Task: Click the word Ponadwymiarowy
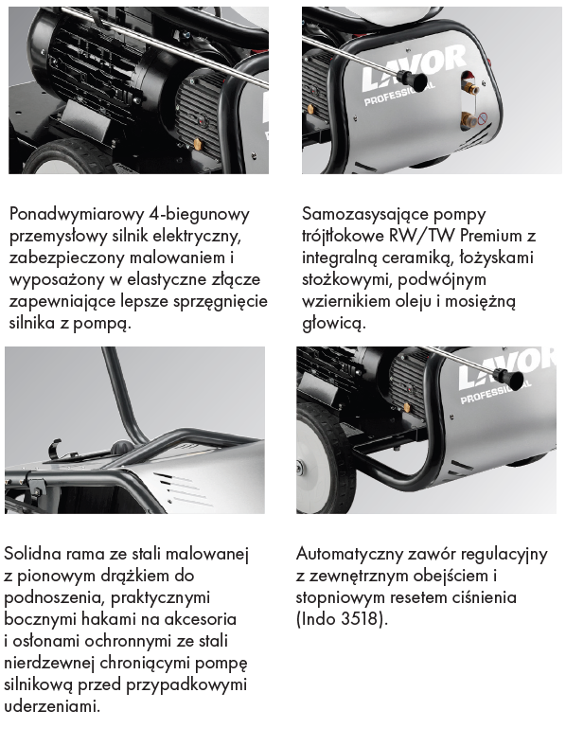tap(77, 215)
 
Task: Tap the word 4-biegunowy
tap(199, 215)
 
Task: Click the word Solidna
tap(33, 554)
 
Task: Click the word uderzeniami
tap(52, 705)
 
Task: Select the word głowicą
tap(334, 324)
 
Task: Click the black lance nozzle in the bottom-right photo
tap(510, 380)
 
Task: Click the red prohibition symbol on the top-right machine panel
tap(483, 117)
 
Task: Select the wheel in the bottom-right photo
tap(326, 458)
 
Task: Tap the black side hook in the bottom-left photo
tap(55, 449)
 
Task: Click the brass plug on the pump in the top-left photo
tap(198, 143)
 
